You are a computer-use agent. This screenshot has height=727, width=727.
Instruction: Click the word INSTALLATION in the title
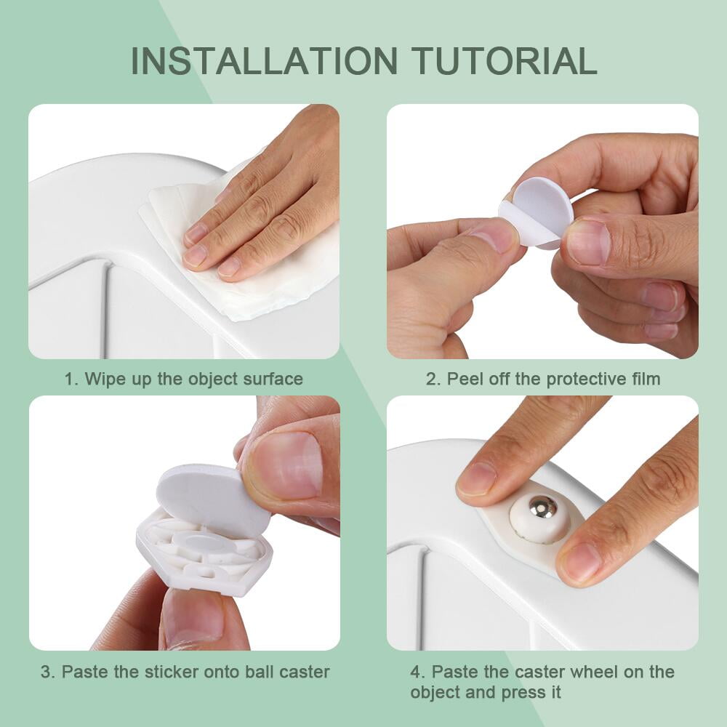[x=265, y=61]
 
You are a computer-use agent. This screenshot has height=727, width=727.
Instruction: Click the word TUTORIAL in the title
[x=505, y=61]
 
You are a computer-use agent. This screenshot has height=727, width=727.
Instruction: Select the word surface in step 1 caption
[x=273, y=379]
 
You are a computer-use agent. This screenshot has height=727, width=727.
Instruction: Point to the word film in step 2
[x=646, y=379]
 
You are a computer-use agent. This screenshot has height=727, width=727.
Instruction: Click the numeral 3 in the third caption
[x=46, y=672]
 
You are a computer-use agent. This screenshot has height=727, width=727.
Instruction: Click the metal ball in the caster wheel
[x=542, y=507]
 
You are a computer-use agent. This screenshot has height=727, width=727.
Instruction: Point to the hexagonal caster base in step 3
[x=204, y=552]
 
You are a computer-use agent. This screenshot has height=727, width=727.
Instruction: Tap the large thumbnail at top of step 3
[x=286, y=465]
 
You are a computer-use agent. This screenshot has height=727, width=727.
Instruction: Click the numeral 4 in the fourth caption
[x=415, y=672]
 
